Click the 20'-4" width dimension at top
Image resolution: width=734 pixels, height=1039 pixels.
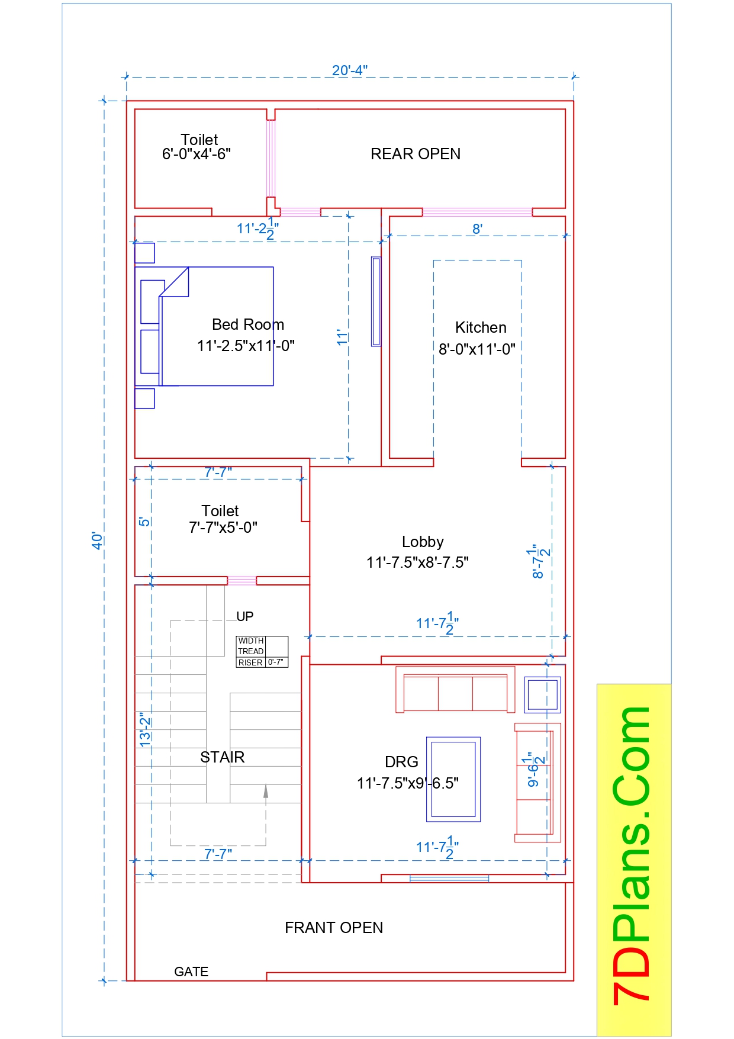click(349, 70)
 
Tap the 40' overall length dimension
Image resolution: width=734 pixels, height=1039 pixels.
click(97, 540)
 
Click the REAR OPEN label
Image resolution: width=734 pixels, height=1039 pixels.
click(415, 154)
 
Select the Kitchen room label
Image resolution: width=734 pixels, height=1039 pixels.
click(481, 327)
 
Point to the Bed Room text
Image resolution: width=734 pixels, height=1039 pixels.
click(247, 324)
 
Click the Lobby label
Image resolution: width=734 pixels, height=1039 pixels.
click(422, 542)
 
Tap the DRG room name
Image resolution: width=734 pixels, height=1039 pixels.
click(401, 762)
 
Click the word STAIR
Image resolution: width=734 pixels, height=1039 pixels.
click(222, 757)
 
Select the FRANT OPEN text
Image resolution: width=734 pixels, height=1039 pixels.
click(333, 928)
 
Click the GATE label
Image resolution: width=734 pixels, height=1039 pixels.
click(191, 972)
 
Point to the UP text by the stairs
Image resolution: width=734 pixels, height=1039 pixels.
click(244, 616)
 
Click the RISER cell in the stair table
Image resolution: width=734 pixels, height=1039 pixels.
click(250, 662)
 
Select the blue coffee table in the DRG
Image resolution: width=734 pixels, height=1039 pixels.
click(453, 779)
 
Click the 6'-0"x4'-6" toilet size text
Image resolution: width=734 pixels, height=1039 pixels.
click(196, 154)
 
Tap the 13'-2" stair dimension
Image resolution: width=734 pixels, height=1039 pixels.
click(145, 729)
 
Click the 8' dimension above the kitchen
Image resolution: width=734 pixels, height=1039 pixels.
click(477, 229)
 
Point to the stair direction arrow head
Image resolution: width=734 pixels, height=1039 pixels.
click(266, 790)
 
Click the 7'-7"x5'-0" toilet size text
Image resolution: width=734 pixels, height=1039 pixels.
click(223, 527)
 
